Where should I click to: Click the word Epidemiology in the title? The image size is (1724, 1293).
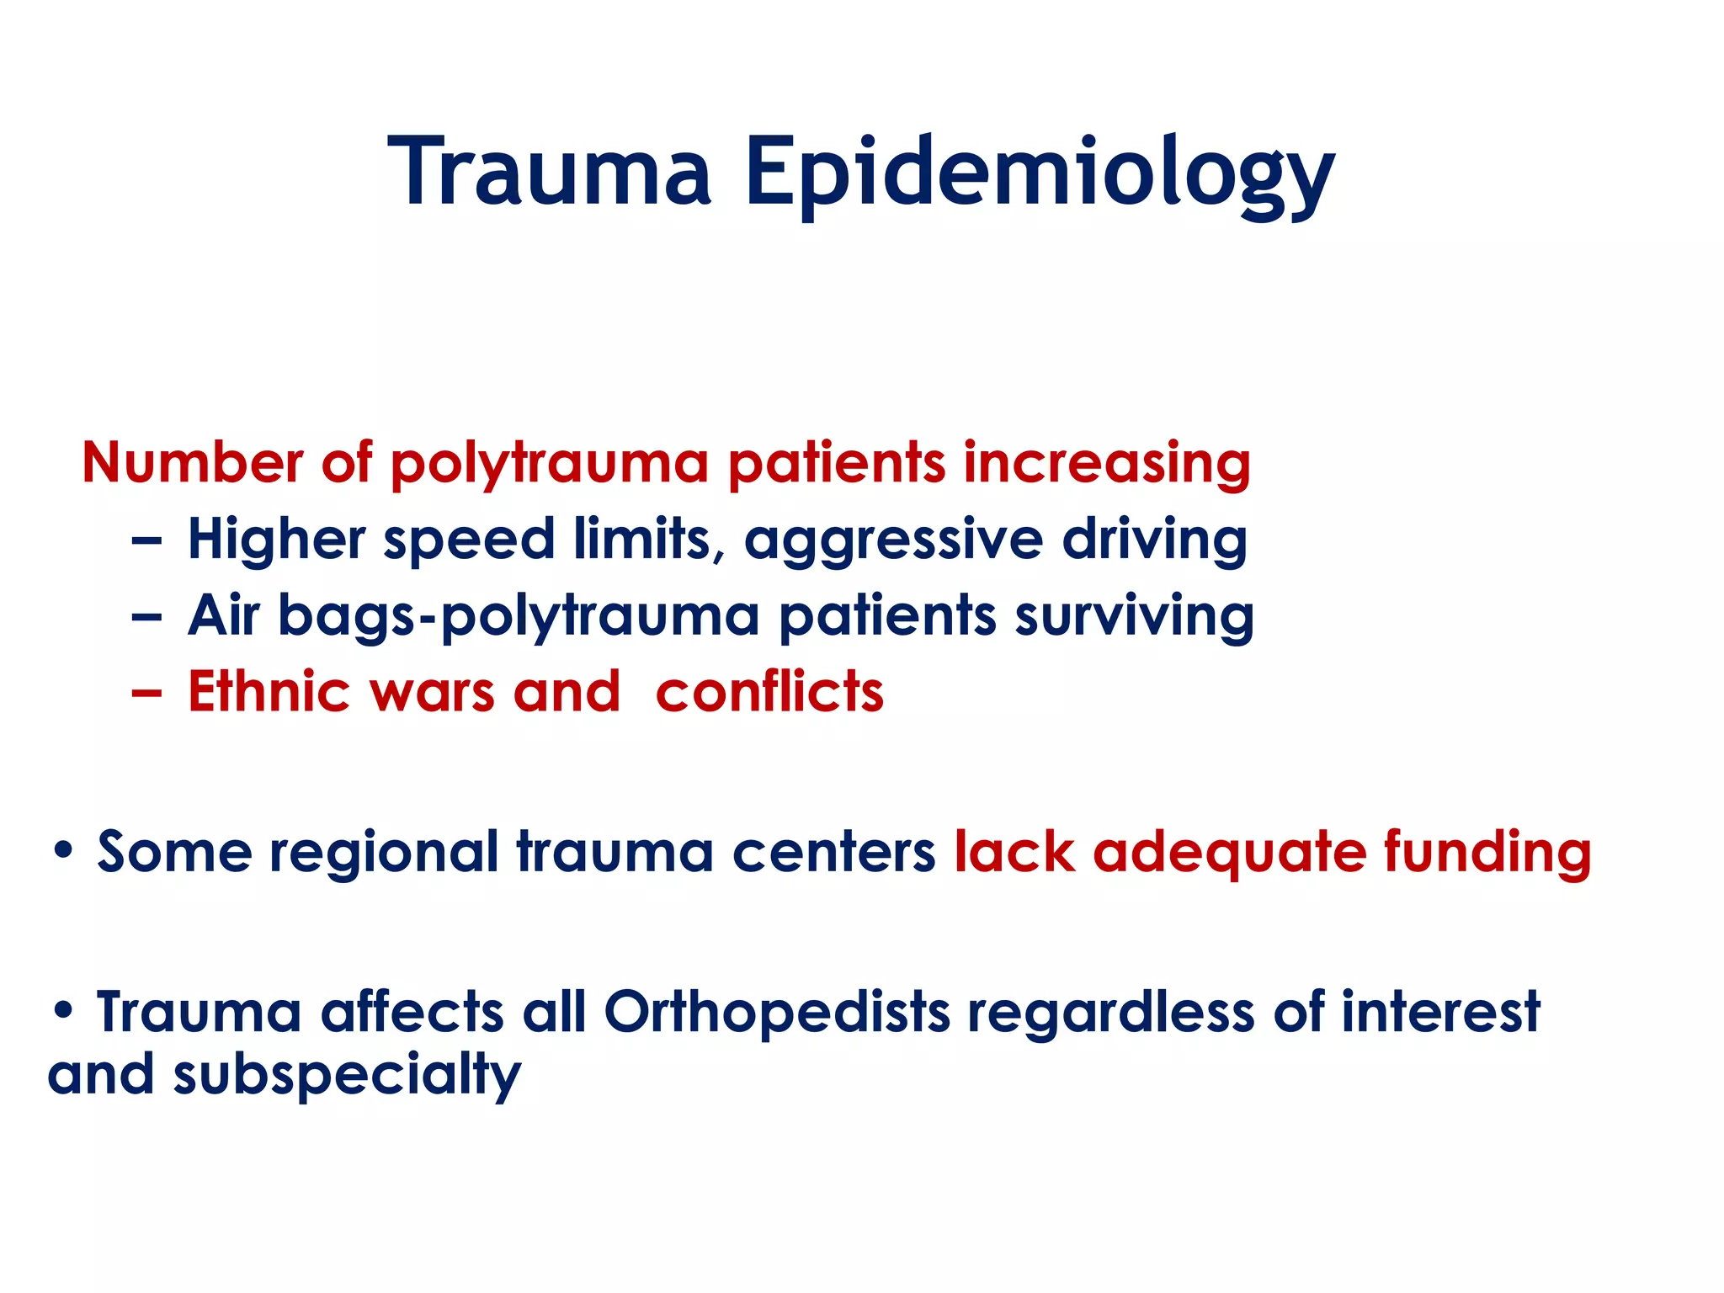click(x=1039, y=175)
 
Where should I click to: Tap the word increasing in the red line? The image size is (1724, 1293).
click(x=1106, y=465)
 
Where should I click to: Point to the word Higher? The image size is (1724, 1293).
click(x=276, y=540)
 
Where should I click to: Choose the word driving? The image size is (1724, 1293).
click(x=1154, y=540)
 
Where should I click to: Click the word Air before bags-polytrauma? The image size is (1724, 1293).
click(x=223, y=615)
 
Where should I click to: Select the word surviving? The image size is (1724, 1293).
click(x=1134, y=617)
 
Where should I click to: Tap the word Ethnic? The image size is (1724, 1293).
click(x=269, y=692)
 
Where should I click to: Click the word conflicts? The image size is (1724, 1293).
click(x=769, y=692)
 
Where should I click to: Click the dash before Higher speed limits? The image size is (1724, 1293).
click(x=146, y=541)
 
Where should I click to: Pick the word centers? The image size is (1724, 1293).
click(x=833, y=853)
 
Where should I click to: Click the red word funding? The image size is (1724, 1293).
click(x=1487, y=853)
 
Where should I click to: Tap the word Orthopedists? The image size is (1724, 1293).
click(x=777, y=1012)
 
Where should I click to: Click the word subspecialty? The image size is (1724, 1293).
click(x=347, y=1077)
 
